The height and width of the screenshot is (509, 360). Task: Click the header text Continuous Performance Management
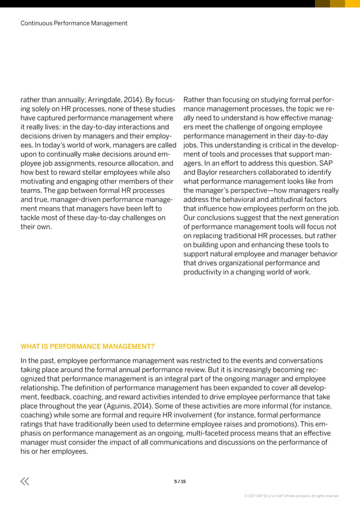tap(74, 23)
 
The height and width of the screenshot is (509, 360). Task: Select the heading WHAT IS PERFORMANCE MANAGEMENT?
tap(87, 346)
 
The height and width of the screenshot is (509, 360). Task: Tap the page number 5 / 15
tap(180, 481)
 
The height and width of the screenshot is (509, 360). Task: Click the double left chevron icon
tap(25, 481)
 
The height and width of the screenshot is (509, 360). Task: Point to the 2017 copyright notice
tap(292, 496)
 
